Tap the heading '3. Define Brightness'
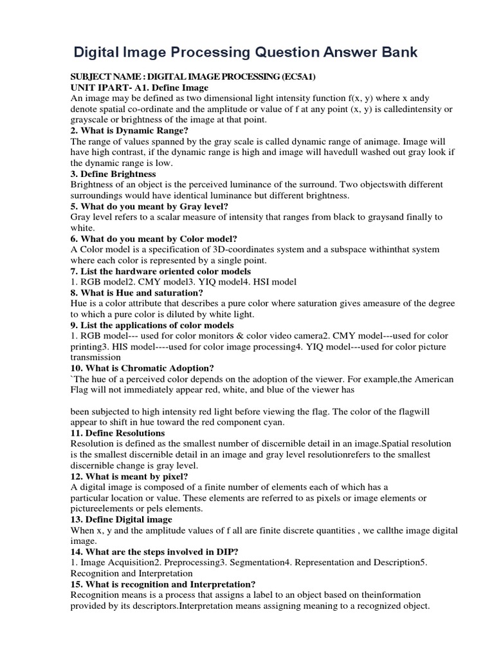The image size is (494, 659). click(x=113, y=174)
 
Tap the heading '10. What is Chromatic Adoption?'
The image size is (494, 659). click(x=142, y=368)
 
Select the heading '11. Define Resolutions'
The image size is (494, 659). click(x=118, y=433)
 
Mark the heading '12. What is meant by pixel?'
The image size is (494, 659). click(x=129, y=477)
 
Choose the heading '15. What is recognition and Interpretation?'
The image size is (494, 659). click(x=163, y=584)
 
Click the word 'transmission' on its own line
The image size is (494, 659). click(x=96, y=357)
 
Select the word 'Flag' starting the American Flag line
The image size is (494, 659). click(x=80, y=390)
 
